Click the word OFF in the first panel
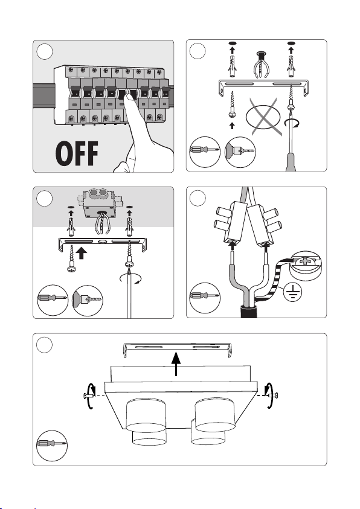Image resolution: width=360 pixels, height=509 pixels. pos(77,153)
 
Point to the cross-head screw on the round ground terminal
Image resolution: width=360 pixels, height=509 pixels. pos(305,261)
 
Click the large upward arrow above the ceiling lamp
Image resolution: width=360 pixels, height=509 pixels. pos(176,364)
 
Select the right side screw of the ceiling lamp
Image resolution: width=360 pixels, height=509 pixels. pos(272,395)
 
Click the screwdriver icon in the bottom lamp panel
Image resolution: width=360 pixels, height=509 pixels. pos(52,445)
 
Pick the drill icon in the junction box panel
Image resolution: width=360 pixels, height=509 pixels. pos(88,300)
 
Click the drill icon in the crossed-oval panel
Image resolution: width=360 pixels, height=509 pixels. pos(240,152)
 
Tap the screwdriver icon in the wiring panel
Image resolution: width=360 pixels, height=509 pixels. pos(205,298)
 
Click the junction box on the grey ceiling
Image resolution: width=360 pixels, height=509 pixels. pos(98,203)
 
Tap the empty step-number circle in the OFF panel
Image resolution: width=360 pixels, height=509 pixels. pos(45,51)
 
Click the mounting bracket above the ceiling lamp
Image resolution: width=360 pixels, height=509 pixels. pos(177,350)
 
